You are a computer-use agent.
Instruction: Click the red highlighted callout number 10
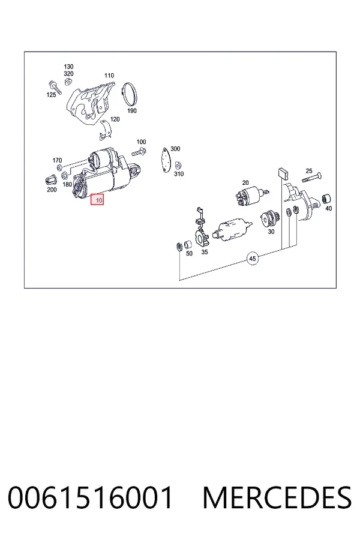[97, 200]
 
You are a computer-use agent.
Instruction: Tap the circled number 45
[253, 258]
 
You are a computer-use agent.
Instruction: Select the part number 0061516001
[90, 497]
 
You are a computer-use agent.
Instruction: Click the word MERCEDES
[277, 497]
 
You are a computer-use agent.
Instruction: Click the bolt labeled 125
[55, 87]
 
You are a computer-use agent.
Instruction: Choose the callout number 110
[109, 76]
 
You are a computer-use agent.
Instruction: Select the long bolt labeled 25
[312, 178]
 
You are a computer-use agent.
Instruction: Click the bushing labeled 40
[326, 199]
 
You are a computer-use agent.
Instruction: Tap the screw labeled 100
[139, 152]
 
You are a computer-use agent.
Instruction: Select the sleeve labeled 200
[50, 180]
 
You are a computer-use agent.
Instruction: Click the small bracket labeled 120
[105, 131]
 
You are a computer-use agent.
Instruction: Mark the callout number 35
[205, 252]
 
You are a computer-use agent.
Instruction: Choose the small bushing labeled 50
[188, 245]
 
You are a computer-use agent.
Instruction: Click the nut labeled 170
[59, 168]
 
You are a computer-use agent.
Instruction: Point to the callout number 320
[68, 74]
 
